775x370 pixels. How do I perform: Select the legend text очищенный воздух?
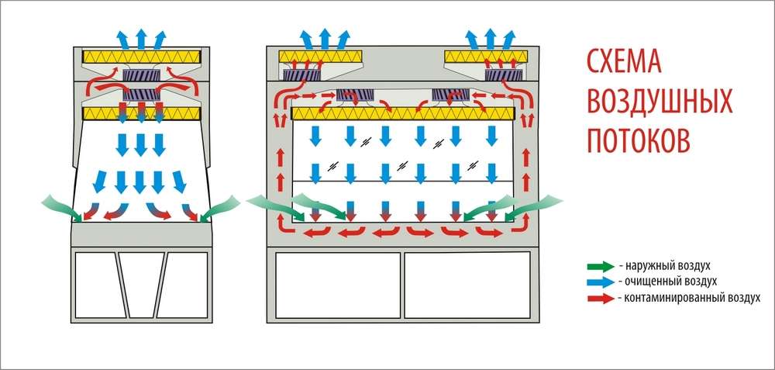click(667, 281)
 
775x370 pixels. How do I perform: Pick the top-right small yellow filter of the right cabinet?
click(487, 57)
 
